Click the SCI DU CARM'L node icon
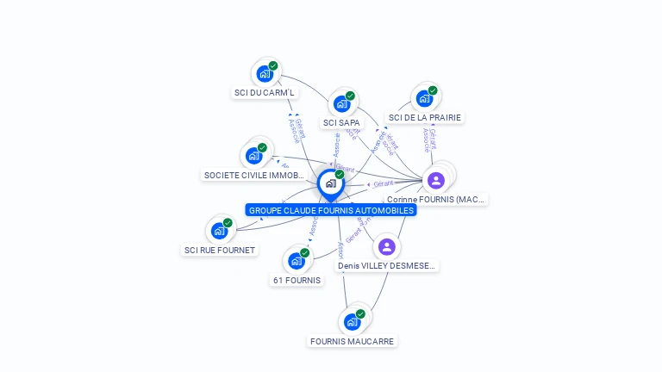265,73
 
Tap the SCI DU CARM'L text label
264,92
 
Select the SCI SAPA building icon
341,103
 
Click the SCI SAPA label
341,122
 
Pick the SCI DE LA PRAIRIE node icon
424,98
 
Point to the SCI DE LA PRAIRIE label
424,117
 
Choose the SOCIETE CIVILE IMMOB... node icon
253,155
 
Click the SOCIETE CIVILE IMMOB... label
253,175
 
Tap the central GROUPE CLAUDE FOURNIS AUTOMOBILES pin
330,183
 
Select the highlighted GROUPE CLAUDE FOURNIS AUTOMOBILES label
331,210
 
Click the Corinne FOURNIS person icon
436,180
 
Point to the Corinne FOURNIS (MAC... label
436,199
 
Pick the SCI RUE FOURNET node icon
219,231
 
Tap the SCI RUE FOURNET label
219,250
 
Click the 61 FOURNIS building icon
297,260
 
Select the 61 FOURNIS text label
297,280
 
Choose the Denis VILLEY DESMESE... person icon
387,247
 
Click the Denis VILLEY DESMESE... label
387,266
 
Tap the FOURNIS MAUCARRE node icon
352,322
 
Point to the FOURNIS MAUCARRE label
352,341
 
